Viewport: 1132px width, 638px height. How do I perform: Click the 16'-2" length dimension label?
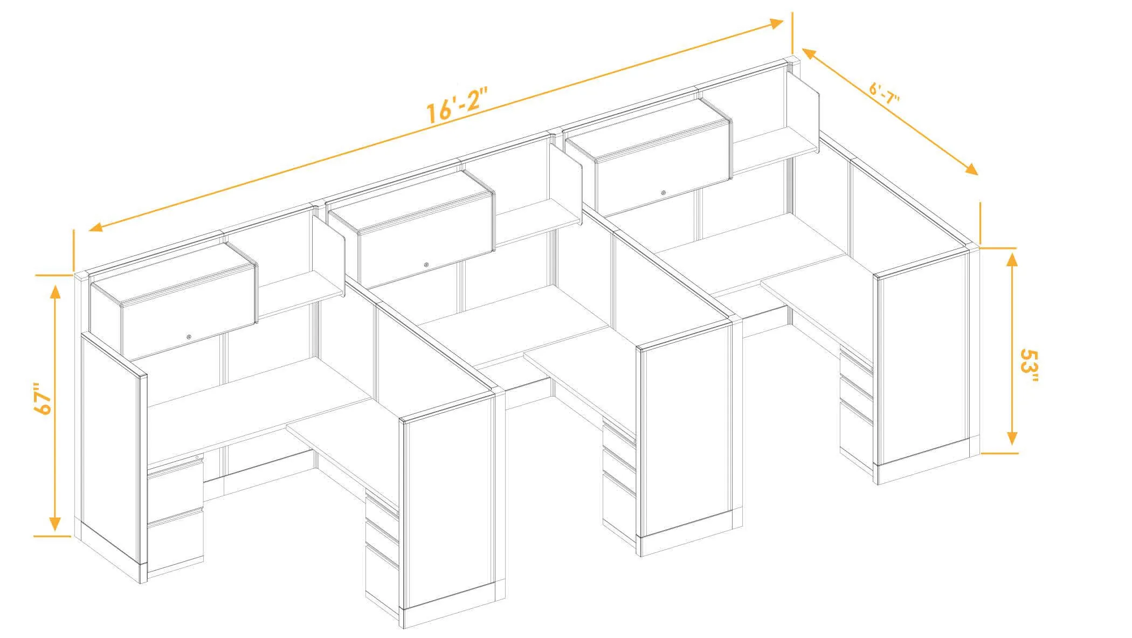click(457, 106)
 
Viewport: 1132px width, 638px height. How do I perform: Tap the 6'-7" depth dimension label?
click(885, 95)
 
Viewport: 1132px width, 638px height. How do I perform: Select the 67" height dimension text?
click(43, 399)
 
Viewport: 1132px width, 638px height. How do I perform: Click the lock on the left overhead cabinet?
click(189, 337)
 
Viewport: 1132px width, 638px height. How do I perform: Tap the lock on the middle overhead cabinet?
click(426, 265)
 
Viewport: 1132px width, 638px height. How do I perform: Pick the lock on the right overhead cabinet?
click(664, 192)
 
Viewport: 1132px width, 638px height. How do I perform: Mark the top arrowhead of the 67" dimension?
click(54, 291)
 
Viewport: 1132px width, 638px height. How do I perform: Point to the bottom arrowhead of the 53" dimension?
click(1012, 438)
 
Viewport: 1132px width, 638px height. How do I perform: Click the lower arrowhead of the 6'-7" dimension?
click(971, 169)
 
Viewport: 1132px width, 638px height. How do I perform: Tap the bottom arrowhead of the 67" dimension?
click(54, 523)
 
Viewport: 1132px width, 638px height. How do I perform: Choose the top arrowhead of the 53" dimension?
click(1012, 261)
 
